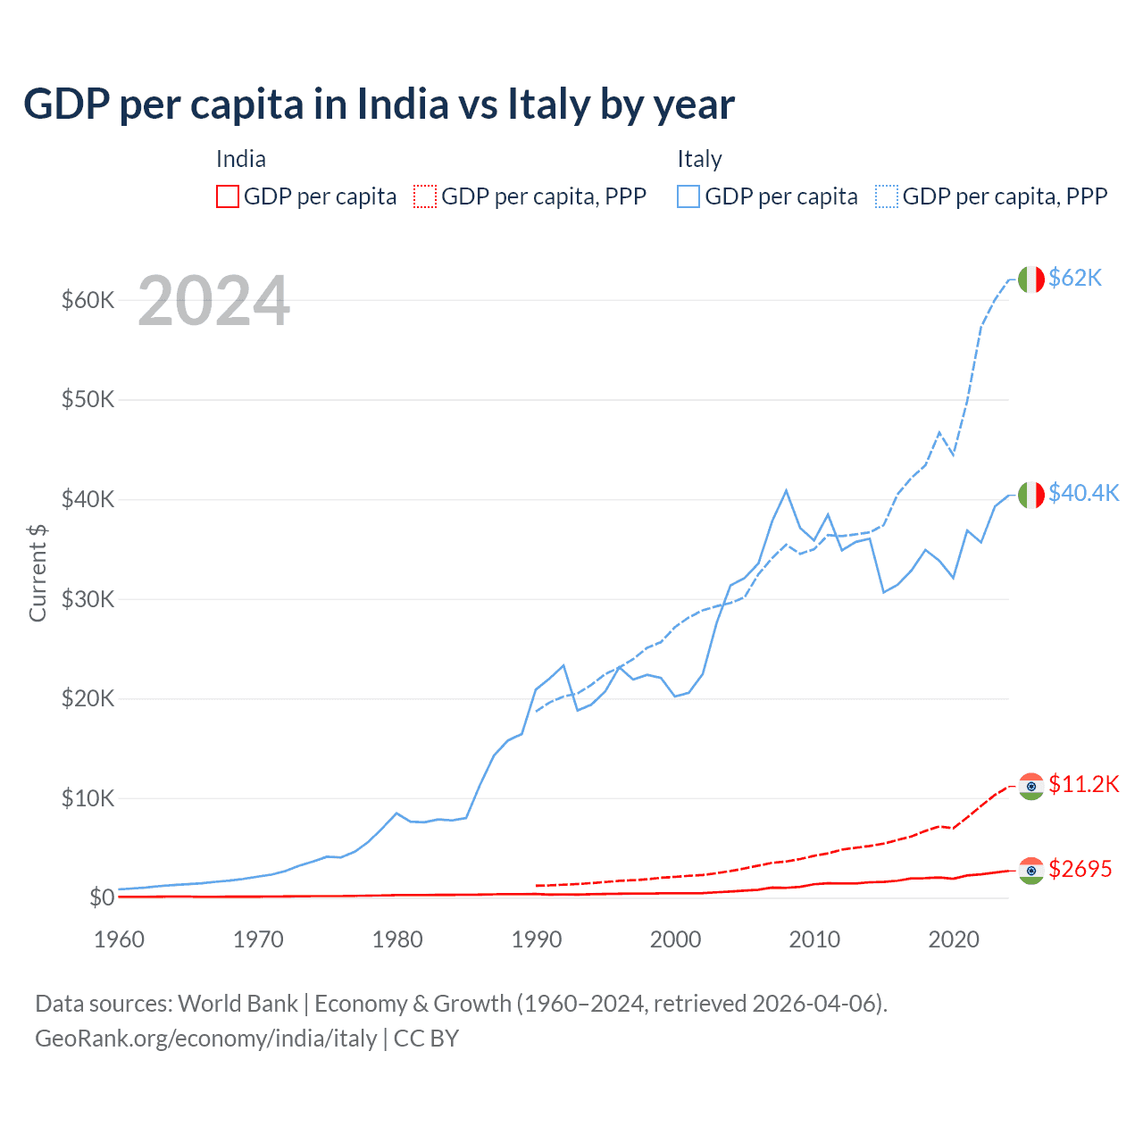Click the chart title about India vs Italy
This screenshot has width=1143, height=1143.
379,104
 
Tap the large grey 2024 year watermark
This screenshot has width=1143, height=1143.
213,301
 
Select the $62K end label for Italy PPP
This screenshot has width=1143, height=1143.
1075,278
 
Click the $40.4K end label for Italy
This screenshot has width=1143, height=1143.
1083,493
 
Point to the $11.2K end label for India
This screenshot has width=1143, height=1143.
1083,784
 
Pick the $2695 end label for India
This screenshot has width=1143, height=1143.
1080,869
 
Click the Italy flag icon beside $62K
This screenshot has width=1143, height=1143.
1031,279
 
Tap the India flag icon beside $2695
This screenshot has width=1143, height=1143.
1031,871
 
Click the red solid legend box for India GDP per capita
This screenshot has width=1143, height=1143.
228,196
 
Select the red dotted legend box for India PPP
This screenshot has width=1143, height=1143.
425,196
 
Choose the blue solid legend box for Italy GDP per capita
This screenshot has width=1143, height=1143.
688,196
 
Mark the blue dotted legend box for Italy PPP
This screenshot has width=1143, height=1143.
887,196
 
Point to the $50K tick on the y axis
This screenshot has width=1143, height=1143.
88,399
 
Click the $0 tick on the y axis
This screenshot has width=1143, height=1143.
101,897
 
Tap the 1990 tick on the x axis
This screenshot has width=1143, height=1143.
537,939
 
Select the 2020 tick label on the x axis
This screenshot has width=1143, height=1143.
954,939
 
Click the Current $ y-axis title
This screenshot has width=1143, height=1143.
38,572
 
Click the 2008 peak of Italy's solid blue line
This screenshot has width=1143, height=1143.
786,490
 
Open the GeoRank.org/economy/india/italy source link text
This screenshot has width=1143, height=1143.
206,1039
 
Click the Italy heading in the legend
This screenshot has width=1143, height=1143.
699,159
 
